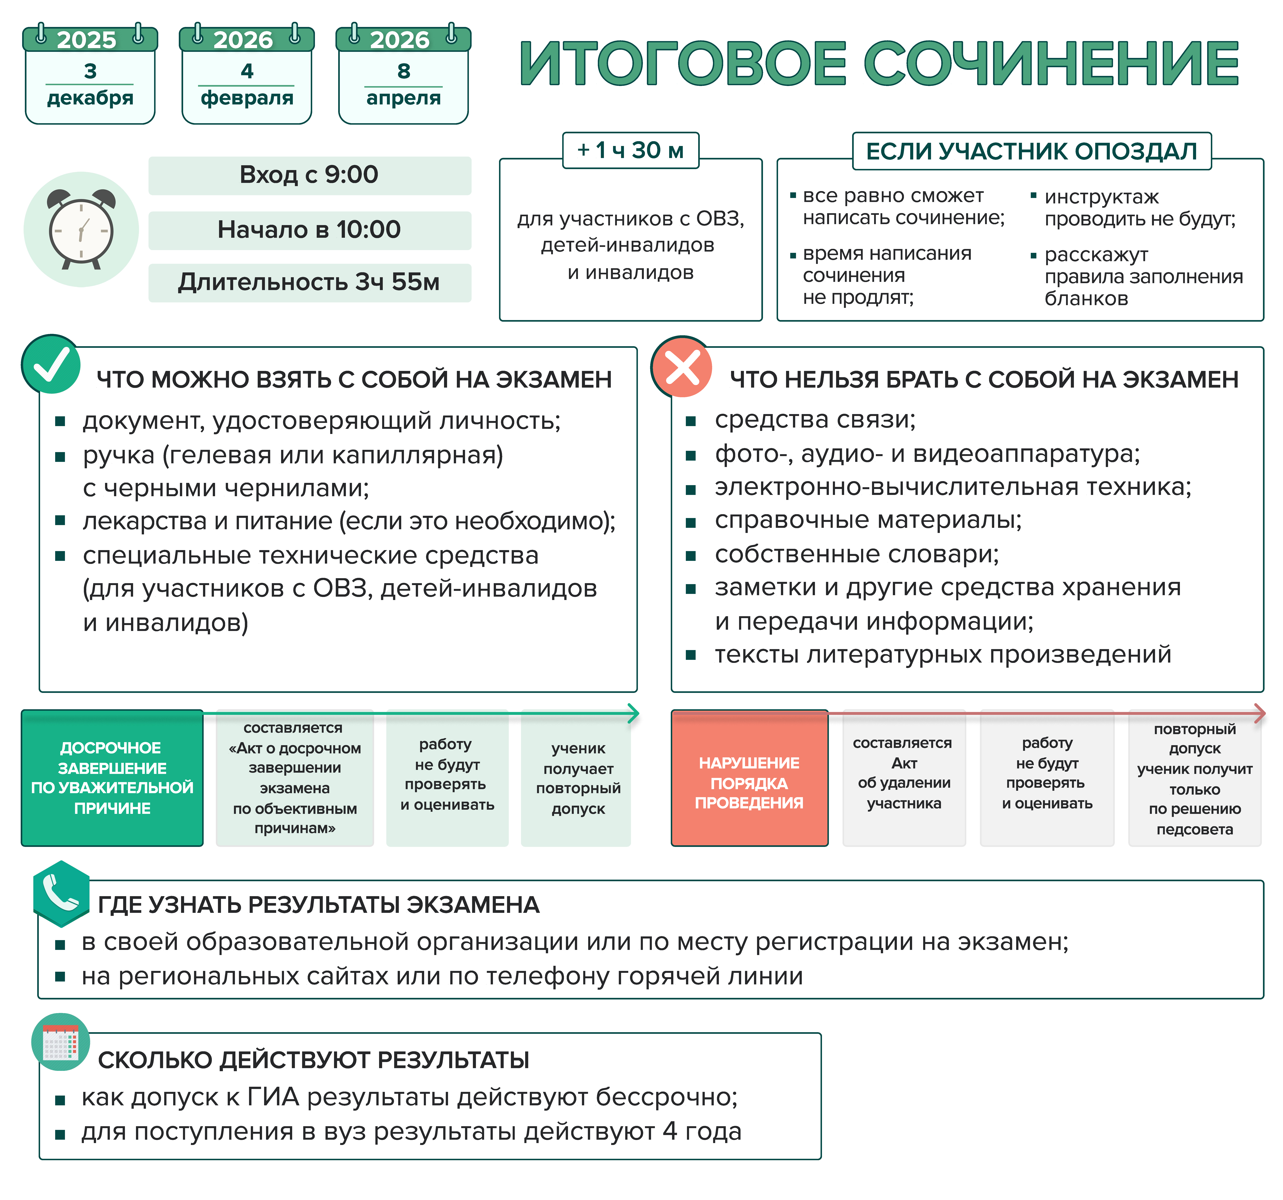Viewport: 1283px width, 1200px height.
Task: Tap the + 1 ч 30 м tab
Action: coord(631,150)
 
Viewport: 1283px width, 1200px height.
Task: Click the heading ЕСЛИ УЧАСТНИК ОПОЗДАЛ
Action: coord(1031,151)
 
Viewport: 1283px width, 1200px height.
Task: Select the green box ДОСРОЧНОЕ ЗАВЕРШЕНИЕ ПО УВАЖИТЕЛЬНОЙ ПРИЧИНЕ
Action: coord(112,778)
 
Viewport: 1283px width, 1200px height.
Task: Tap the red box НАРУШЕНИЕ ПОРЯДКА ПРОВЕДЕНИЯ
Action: coord(749,778)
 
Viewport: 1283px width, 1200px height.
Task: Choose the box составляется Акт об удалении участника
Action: coord(904,778)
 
